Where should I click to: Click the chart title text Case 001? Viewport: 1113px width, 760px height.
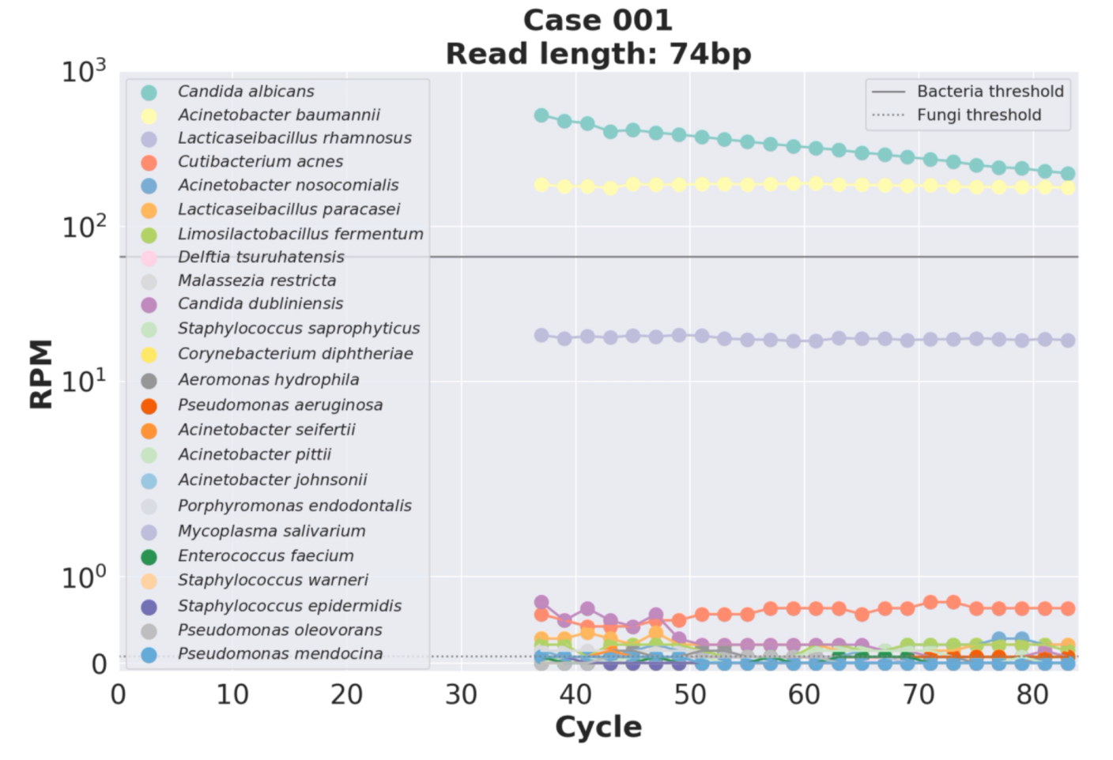point(598,21)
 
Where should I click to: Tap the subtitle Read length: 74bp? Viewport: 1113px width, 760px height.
point(598,55)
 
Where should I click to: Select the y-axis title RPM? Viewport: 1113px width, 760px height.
point(41,374)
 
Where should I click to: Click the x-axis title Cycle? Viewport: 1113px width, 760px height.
point(598,727)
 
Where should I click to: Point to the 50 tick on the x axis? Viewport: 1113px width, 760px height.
point(689,695)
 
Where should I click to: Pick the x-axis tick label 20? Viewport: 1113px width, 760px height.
point(346,695)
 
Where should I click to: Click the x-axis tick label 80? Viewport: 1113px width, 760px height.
point(1032,695)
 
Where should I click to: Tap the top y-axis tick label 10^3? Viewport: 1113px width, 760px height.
point(84,71)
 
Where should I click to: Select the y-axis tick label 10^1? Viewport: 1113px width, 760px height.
point(84,382)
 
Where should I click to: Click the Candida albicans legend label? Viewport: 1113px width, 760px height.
point(246,92)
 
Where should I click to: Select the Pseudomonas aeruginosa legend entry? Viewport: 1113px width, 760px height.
point(280,405)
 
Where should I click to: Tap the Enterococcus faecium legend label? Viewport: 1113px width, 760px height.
point(266,556)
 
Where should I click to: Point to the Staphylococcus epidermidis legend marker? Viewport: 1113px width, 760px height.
point(149,607)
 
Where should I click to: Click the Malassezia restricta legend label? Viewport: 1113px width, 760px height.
point(257,280)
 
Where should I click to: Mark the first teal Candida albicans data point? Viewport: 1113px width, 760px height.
point(541,115)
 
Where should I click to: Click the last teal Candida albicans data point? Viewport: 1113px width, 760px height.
point(1067,174)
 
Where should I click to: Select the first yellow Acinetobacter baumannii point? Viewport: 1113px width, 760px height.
point(541,185)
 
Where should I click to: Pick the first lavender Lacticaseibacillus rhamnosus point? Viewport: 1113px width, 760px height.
point(541,335)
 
